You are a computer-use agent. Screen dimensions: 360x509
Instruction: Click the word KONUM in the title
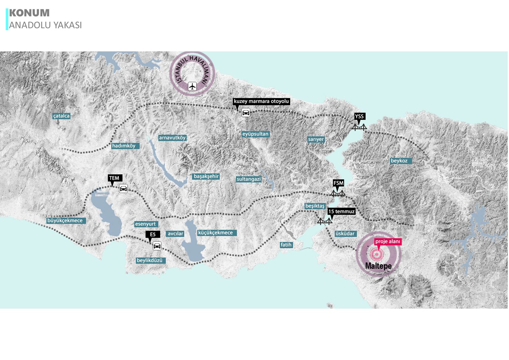[29, 13]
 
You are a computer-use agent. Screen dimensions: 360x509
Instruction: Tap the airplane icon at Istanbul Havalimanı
[192, 86]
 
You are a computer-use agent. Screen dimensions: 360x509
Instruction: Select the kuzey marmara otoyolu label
[261, 101]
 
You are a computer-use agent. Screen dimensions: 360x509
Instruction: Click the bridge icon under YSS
[359, 127]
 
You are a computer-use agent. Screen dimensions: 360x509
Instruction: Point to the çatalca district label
[61, 116]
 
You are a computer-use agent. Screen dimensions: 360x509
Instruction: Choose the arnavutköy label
[172, 138]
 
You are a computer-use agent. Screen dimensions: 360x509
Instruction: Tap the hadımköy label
[124, 146]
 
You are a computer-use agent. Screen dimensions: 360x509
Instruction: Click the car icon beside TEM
[123, 188]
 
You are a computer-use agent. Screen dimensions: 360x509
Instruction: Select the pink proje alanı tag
[388, 241]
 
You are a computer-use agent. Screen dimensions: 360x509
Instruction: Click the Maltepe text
[378, 266]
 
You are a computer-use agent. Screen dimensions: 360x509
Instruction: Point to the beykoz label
[399, 161]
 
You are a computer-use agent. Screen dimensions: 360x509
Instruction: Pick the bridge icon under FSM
[338, 193]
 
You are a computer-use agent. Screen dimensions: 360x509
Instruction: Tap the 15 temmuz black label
[341, 211]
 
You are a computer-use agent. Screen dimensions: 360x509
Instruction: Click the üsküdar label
[345, 233]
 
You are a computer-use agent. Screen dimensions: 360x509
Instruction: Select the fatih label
[286, 245]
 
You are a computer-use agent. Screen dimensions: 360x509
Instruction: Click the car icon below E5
[157, 246]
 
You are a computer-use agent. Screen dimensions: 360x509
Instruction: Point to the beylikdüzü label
[150, 260]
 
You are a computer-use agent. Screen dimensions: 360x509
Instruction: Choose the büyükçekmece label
[65, 221]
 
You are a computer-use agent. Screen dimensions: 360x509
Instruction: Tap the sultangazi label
[249, 179]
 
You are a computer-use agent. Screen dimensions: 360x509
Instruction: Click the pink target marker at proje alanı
[377, 254]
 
